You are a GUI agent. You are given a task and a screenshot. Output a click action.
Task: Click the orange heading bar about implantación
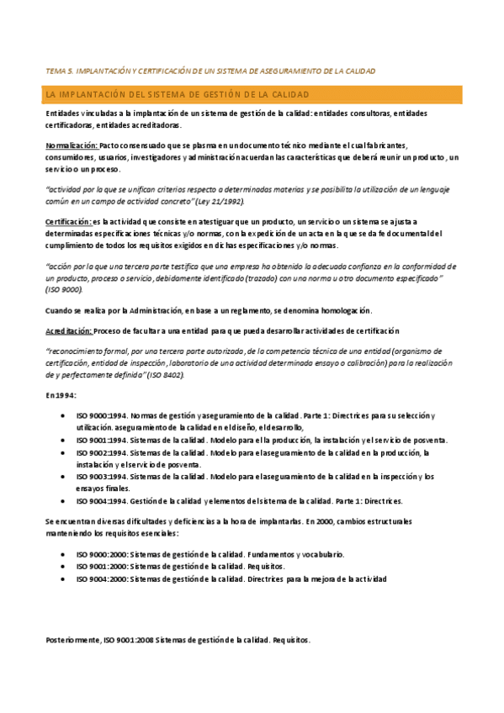tap(252, 94)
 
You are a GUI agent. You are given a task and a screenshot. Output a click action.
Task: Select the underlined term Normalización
tap(71, 145)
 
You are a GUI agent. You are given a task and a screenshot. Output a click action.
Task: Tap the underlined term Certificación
tap(69, 220)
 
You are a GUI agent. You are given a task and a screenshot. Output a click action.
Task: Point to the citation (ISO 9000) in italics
tap(67, 288)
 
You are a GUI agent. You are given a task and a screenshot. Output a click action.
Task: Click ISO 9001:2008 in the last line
tap(127, 640)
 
